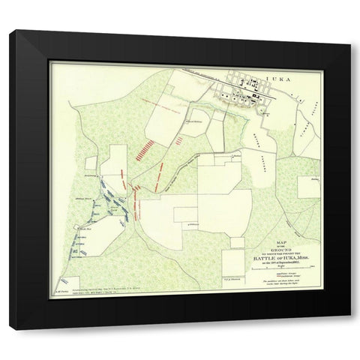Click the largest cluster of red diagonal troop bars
click(x=145, y=148)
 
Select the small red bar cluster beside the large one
click(x=178, y=139)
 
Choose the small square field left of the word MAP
click(x=238, y=244)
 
